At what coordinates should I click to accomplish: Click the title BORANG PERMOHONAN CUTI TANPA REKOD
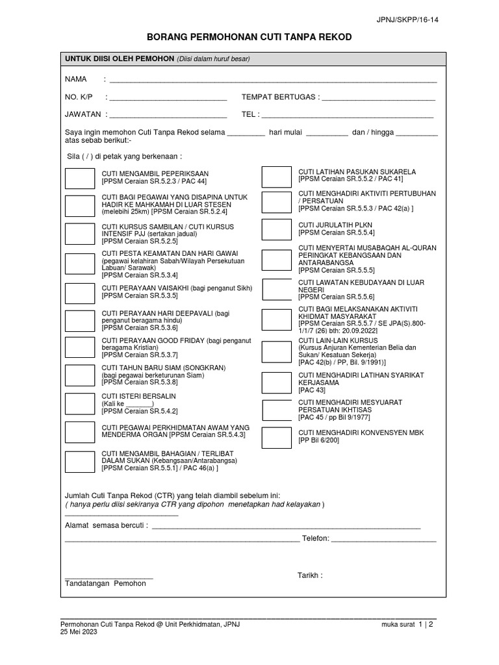click(x=249, y=38)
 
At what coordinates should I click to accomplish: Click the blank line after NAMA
click(x=273, y=81)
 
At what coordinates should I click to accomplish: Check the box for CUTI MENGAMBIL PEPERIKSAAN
click(x=80, y=177)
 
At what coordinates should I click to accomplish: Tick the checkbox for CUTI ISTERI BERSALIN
click(x=80, y=403)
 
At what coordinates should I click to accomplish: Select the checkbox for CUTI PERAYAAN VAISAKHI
click(x=80, y=291)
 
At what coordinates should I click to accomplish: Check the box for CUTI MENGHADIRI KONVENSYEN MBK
click(x=277, y=440)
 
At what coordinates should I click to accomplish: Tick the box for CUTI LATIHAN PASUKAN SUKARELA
click(x=277, y=176)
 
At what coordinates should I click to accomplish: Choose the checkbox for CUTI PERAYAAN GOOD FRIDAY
click(x=80, y=347)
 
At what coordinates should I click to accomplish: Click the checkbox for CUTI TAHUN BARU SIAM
click(x=80, y=375)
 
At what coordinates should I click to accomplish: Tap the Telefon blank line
click(x=384, y=540)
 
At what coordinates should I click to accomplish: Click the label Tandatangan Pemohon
click(x=105, y=584)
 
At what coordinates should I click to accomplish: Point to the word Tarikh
click(x=309, y=575)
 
